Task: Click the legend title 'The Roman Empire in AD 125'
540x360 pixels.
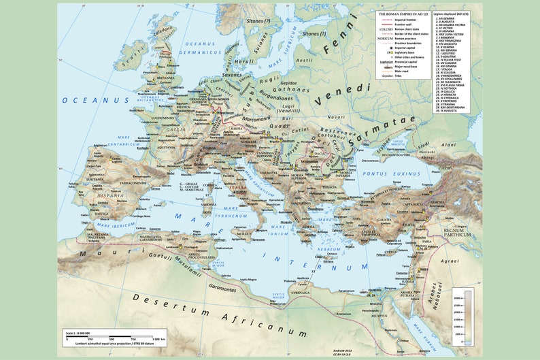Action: pyautogui.click(x=403, y=14)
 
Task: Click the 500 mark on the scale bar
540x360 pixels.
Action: pyautogui.click(x=113, y=338)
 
